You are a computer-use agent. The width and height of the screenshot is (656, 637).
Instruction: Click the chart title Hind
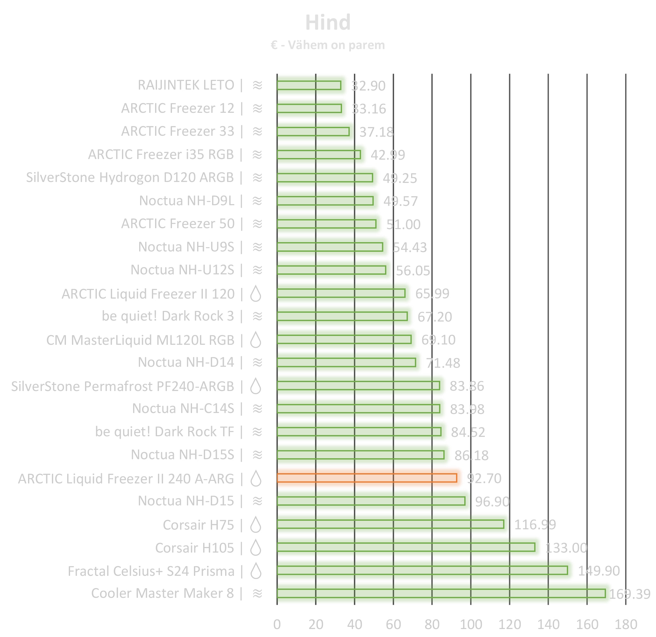coord(328,23)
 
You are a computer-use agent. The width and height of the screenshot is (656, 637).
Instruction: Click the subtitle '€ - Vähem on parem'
coord(328,45)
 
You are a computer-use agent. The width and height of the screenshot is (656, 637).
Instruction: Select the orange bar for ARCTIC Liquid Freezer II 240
coord(367,478)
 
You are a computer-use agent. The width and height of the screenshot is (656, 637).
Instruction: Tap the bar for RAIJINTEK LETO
coord(309,85)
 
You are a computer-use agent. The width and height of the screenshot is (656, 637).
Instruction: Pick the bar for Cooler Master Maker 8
coord(441,593)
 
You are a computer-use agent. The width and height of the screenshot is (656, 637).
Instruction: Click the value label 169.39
coord(629,594)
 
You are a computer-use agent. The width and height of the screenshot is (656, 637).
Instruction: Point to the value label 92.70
coord(484,479)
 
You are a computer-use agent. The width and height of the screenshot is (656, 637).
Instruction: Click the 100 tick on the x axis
coord(471,625)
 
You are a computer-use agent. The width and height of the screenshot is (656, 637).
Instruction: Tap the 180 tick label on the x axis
coord(625,625)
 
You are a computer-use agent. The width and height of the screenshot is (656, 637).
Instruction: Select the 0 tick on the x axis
coord(277,625)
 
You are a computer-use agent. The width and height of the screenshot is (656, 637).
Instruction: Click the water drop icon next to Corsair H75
coord(256,525)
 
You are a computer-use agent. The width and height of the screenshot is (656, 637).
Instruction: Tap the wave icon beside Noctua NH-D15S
coord(257,455)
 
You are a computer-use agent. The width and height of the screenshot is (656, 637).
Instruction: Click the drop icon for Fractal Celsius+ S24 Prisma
coord(256,571)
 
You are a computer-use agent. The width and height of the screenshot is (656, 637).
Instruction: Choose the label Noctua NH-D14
coord(186,362)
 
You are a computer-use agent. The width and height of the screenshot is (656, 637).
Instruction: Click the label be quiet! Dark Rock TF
coord(164,432)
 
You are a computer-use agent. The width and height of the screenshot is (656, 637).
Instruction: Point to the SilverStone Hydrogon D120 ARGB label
coord(130,177)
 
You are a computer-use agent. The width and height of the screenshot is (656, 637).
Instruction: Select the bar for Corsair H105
coord(406,547)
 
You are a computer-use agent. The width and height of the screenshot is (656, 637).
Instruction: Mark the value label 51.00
coord(403,224)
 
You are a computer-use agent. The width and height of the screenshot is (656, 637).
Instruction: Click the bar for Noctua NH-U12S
coord(332,270)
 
